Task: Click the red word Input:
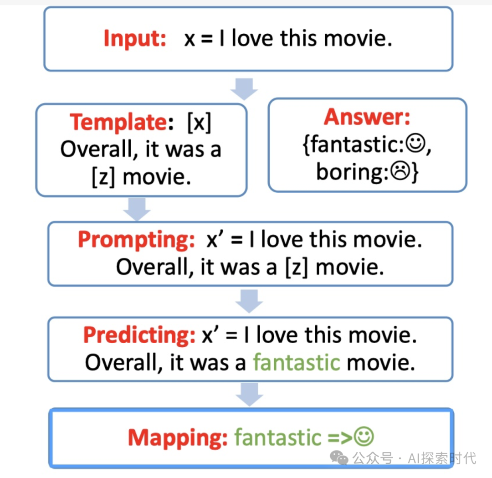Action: coord(135,39)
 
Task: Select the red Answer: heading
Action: coord(367,117)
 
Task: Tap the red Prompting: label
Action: coord(137,240)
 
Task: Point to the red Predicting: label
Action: coord(140,335)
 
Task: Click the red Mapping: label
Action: coord(178,437)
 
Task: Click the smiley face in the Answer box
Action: coord(415,144)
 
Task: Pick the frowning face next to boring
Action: coord(400,171)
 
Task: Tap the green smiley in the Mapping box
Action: coord(364,436)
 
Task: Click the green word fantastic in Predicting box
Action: coord(297,363)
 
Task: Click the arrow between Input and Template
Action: coord(244,89)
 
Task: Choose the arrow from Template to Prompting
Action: coord(137,209)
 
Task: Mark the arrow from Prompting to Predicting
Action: coord(249,301)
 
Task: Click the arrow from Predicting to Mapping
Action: coord(249,394)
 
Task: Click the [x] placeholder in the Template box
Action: coord(199,123)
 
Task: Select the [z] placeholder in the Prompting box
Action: coord(297,267)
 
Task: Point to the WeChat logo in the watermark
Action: coord(339,458)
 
